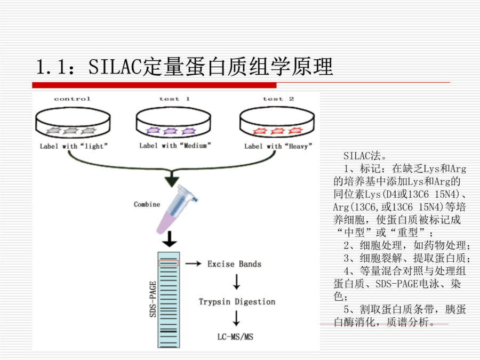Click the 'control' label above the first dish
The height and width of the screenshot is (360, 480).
point(72,99)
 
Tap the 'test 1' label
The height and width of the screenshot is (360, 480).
point(174,99)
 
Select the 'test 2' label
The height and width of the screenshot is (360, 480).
point(278,99)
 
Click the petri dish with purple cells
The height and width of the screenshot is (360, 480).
point(173,122)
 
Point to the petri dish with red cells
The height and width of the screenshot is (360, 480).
point(277,122)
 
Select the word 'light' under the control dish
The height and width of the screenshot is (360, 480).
point(94,146)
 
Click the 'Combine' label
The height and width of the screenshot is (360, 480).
point(147,204)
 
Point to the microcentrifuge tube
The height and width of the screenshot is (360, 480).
point(177,210)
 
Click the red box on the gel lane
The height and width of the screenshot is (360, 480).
point(169,263)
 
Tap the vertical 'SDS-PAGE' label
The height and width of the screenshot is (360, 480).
point(153,299)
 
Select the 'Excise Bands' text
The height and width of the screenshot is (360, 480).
point(235,264)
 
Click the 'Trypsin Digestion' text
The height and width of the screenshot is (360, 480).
point(237,301)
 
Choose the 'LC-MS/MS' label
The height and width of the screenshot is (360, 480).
point(235,337)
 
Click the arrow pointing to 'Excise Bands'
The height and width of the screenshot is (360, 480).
point(194,263)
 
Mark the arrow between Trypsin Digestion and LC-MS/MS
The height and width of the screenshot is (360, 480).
point(236,318)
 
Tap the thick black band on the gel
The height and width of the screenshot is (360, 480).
point(169,331)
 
